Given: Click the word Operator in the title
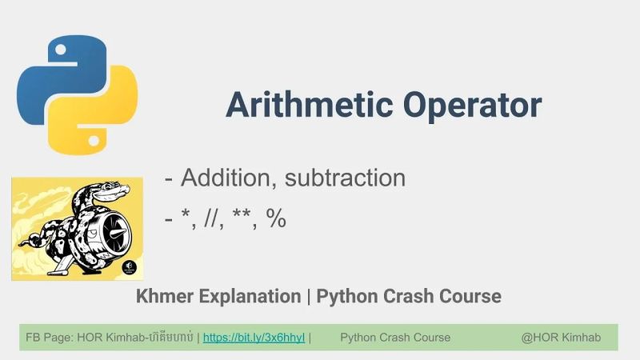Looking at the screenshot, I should [x=472, y=105].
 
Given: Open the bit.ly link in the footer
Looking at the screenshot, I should [x=254, y=338].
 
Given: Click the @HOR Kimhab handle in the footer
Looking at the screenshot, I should [x=561, y=338].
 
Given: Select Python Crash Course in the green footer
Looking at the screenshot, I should [x=395, y=338].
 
